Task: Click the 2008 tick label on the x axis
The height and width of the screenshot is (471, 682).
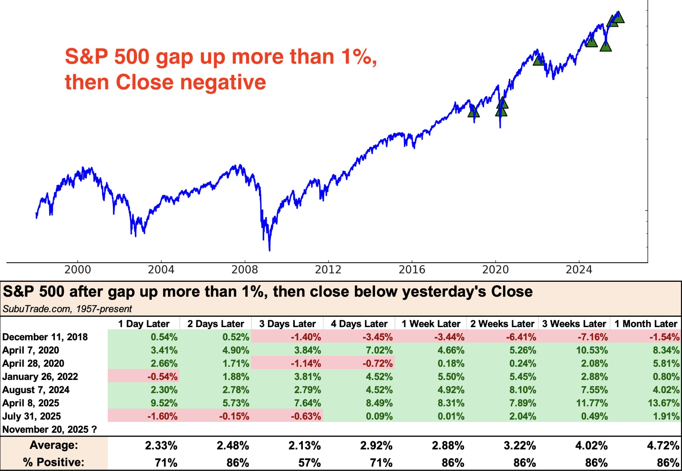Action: coord(245,269)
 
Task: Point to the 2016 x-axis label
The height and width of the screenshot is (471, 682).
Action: coord(412,269)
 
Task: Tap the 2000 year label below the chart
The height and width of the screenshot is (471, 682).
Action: coord(78,269)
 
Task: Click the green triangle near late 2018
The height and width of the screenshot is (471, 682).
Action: coord(474,111)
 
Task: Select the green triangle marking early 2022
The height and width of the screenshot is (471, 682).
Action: coord(538,60)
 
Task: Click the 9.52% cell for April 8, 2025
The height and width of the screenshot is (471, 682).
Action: coord(164,403)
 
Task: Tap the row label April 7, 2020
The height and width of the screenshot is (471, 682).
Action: coord(31,350)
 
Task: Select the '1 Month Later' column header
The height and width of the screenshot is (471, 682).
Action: coord(646,324)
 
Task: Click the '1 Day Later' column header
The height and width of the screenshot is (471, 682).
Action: coord(144,324)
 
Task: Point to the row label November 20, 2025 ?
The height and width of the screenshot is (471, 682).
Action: coord(49,429)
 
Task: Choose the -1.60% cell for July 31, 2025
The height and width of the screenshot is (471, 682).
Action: coord(162,416)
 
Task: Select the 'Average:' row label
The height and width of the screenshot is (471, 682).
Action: coord(54,445)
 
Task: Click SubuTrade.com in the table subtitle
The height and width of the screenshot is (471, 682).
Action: coord(36,309)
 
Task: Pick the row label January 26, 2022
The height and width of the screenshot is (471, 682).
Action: coord(40,377)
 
